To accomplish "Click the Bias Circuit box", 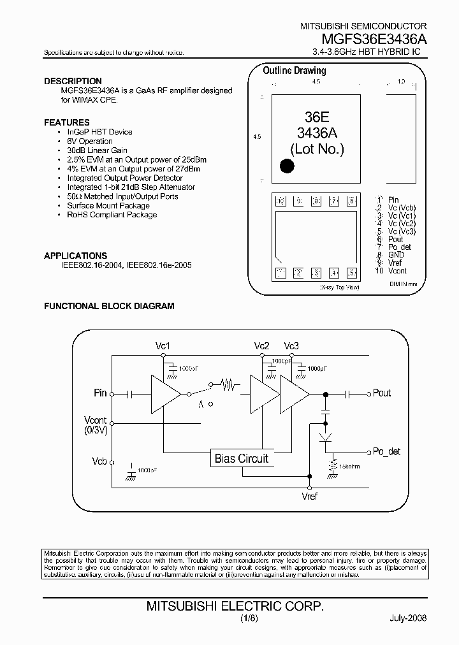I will click(x=241, y=458).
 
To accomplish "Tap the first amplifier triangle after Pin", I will click(x=164, y=393).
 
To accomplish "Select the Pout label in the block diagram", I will click(x=381, y=393).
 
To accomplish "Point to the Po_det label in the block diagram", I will click(x=386, y=452).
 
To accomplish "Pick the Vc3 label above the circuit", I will click(x=291, y=346).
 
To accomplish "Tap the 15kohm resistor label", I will click(x=349, y=467).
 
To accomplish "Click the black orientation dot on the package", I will click(x=288, y=166).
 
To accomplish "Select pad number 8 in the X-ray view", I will click(x=316, y=202).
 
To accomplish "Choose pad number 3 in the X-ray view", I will click(x=316, y=273).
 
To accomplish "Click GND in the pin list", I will click(x=396, y=255).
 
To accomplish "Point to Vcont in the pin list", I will click(x=397, y=271).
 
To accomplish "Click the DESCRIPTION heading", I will click(x=73, y=81).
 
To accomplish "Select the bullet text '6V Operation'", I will click(x=90, y=141).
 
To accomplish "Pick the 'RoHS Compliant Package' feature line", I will click(x=112, y=215).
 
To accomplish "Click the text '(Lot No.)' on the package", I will click(x=317, y=149).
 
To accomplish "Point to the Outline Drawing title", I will click(x=294, y=71).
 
